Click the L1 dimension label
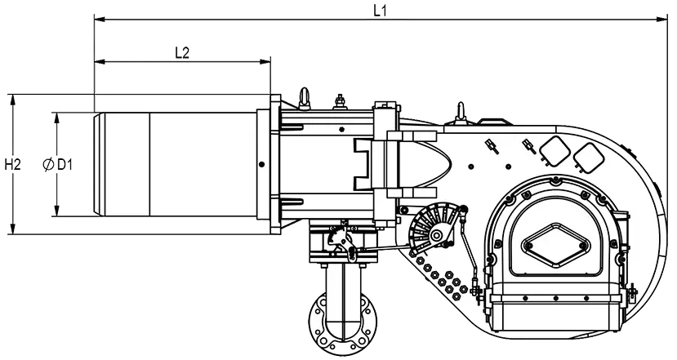click(x=380, y=11)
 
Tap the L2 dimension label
click(x=182, y=53)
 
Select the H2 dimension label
click(x=12, y=164)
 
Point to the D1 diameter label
click(x=65, y=164)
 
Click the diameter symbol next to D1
click(x=48, y=164)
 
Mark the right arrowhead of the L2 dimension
click(x=265, y=62)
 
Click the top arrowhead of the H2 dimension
click(x=13, y=100)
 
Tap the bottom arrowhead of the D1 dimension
click(x=56, y=211)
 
